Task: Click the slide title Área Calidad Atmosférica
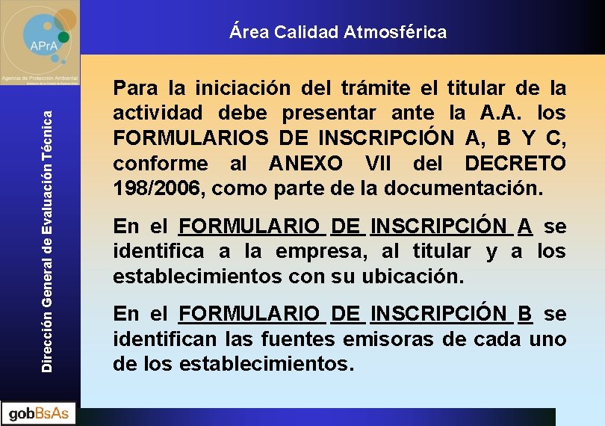click(338, 32)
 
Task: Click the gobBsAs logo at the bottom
click(39, 413)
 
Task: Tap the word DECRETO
click(516, 164)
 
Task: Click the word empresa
click(323, 252)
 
